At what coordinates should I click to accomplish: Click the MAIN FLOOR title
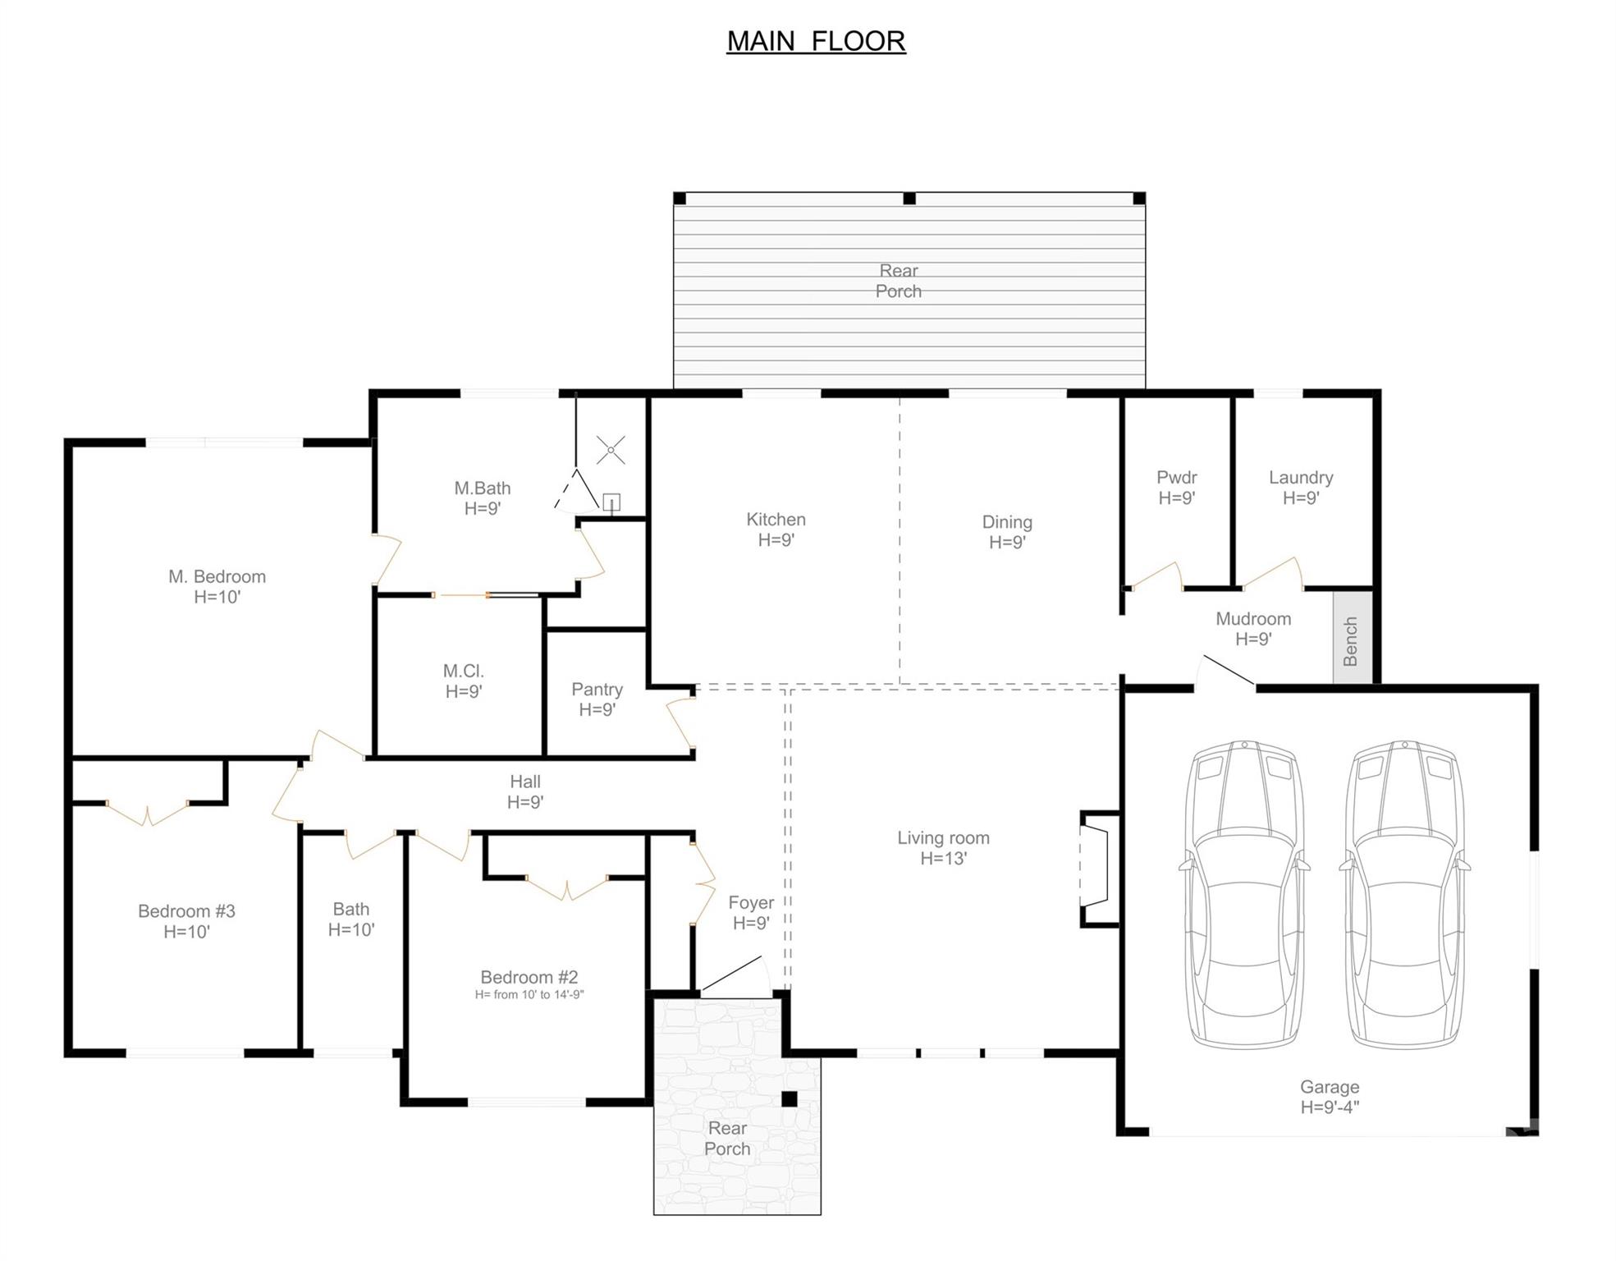click(x=816, y=41)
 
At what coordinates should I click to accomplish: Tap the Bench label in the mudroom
click(x=1350, y=641)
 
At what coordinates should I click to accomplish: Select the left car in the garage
click(x=1244, y=895)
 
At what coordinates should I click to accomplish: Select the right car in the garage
click(x=1404, y=895)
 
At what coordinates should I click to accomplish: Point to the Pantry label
click(x=597, y=689)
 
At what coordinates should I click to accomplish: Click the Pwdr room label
click(x=1176, y=477)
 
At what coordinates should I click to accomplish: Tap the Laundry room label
click(x=1300, y=477)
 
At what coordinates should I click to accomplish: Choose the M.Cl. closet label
click(x=463, y=671)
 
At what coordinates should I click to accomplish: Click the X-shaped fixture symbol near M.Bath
click(x=610, y=450)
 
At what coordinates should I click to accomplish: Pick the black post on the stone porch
click(x=789, y=1098)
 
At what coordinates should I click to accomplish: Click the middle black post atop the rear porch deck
click(x=909, y=199)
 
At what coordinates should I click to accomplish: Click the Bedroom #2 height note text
click(x=529, y=994)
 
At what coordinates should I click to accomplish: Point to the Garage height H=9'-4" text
click(x=1329, y=1107)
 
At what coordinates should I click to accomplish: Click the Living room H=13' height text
click(x=943, y=859)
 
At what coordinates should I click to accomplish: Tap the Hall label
click(x=524, y=782)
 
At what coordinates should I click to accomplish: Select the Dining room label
click(x=1006, y=522)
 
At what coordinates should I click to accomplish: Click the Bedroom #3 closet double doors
click(x=148, y=813)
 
